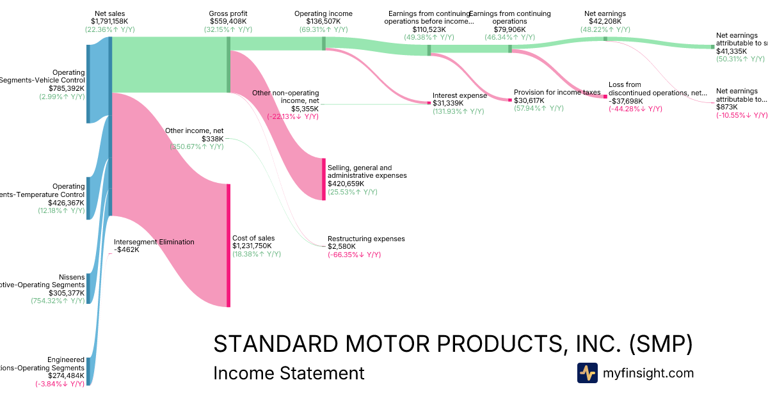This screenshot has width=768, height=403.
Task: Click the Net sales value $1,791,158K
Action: click(x=109, y=21)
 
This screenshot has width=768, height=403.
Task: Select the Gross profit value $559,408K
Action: click(x=228, y=21)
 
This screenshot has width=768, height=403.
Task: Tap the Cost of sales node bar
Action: click(x=228, y=246)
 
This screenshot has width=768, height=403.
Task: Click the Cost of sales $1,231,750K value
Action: click(x=252, y=246)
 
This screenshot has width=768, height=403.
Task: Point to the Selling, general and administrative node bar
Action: click(x=324, y=179)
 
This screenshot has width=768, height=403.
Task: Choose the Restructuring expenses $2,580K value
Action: click(x=342, y=246)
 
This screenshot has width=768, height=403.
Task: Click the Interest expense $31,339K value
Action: click(x=448, y=103)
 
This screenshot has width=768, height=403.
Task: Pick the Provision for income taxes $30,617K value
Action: click(x=529, y=100)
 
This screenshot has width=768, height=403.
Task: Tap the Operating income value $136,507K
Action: click(x=324, y=21)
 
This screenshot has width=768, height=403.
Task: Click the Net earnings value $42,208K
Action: click(x=605, y=21)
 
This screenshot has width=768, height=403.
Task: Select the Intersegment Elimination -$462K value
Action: click(x=127, y=249)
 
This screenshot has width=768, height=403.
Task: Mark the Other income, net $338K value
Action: click(x=212, y=139)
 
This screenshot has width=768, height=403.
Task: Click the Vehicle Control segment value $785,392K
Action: click(x=67, y=88)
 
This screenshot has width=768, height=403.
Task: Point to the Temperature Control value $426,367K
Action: click(x=66, y=203)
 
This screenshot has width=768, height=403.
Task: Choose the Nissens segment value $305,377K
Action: click(x=67, y=293)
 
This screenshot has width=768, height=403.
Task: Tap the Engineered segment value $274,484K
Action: click(x=66, y=376)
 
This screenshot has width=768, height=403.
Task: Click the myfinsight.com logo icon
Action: click(x=588, y=373)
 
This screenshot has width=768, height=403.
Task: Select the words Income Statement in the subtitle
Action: click(x=289, y=373)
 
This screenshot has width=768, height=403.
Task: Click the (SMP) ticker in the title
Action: click(x=660, y=344)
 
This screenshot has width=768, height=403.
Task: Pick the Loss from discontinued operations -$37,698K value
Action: click(x=628, y=100)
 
